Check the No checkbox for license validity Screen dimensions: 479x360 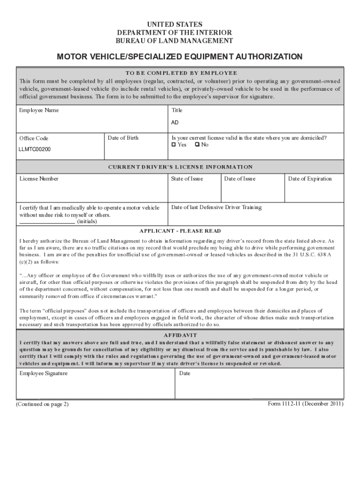coord(197,145)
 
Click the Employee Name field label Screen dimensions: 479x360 coord(39,111)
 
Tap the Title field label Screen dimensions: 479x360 coord(177,111)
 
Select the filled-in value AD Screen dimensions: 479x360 coord(174,123)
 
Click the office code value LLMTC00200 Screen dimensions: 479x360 coord(35,150)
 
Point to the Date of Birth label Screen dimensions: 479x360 coord(123,138)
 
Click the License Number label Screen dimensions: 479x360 coord(39,179)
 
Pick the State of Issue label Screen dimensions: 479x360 coord(187,179)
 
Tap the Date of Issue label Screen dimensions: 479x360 coord(240,179)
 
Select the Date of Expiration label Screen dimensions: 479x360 coord(310,179)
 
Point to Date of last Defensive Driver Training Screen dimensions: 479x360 coord(216,208)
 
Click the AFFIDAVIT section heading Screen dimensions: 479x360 coord(180,335)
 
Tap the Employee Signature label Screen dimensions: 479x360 coord(43,374)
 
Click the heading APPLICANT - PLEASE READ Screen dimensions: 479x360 coord(180,231)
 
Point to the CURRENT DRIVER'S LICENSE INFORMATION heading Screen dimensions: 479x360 coord(180,167)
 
